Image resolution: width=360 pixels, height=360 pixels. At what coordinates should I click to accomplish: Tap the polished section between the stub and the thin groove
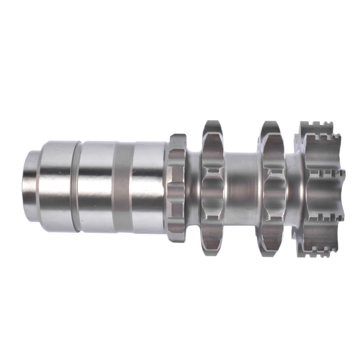point(58,186)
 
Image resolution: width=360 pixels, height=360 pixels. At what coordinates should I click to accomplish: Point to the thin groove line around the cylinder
point(76,186)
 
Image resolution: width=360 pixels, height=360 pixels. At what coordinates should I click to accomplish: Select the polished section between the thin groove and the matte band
point(96,186)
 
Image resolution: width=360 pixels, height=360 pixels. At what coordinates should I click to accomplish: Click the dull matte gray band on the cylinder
point(122,186)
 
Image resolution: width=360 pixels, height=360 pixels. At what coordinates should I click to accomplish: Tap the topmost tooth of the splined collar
point(177,139)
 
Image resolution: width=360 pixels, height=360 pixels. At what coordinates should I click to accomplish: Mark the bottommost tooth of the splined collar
point(177,236)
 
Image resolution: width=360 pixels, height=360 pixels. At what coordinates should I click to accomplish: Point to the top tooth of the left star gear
point(212,127)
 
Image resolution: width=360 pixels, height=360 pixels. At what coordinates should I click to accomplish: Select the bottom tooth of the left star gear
point(212,247)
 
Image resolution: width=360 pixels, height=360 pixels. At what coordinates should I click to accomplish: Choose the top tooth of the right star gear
point(271,127)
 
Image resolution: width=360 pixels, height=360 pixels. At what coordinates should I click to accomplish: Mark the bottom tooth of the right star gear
point(271,247)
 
